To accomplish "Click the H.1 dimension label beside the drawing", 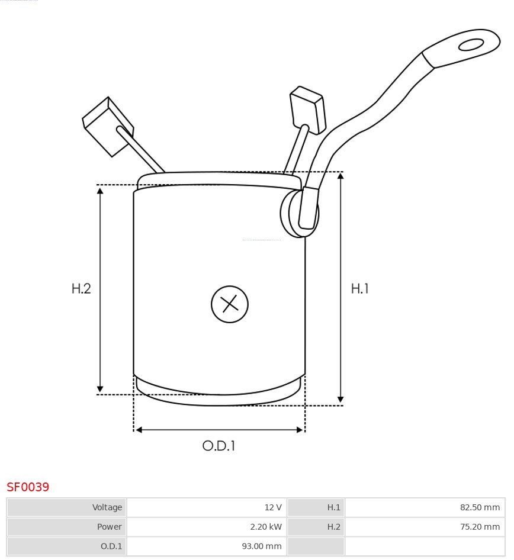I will click(359, 288).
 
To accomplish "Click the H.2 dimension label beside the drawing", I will click(81, 288).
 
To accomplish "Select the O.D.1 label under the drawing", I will click(219, 446).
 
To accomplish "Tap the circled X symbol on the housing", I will click(229, 304).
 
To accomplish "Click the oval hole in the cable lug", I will click(471, 45).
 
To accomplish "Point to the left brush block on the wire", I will click(107, 126).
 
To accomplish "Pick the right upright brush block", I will click(307, 110).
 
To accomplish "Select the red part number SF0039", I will click(28, 487).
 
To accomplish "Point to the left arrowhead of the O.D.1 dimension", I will click(139, 430).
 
